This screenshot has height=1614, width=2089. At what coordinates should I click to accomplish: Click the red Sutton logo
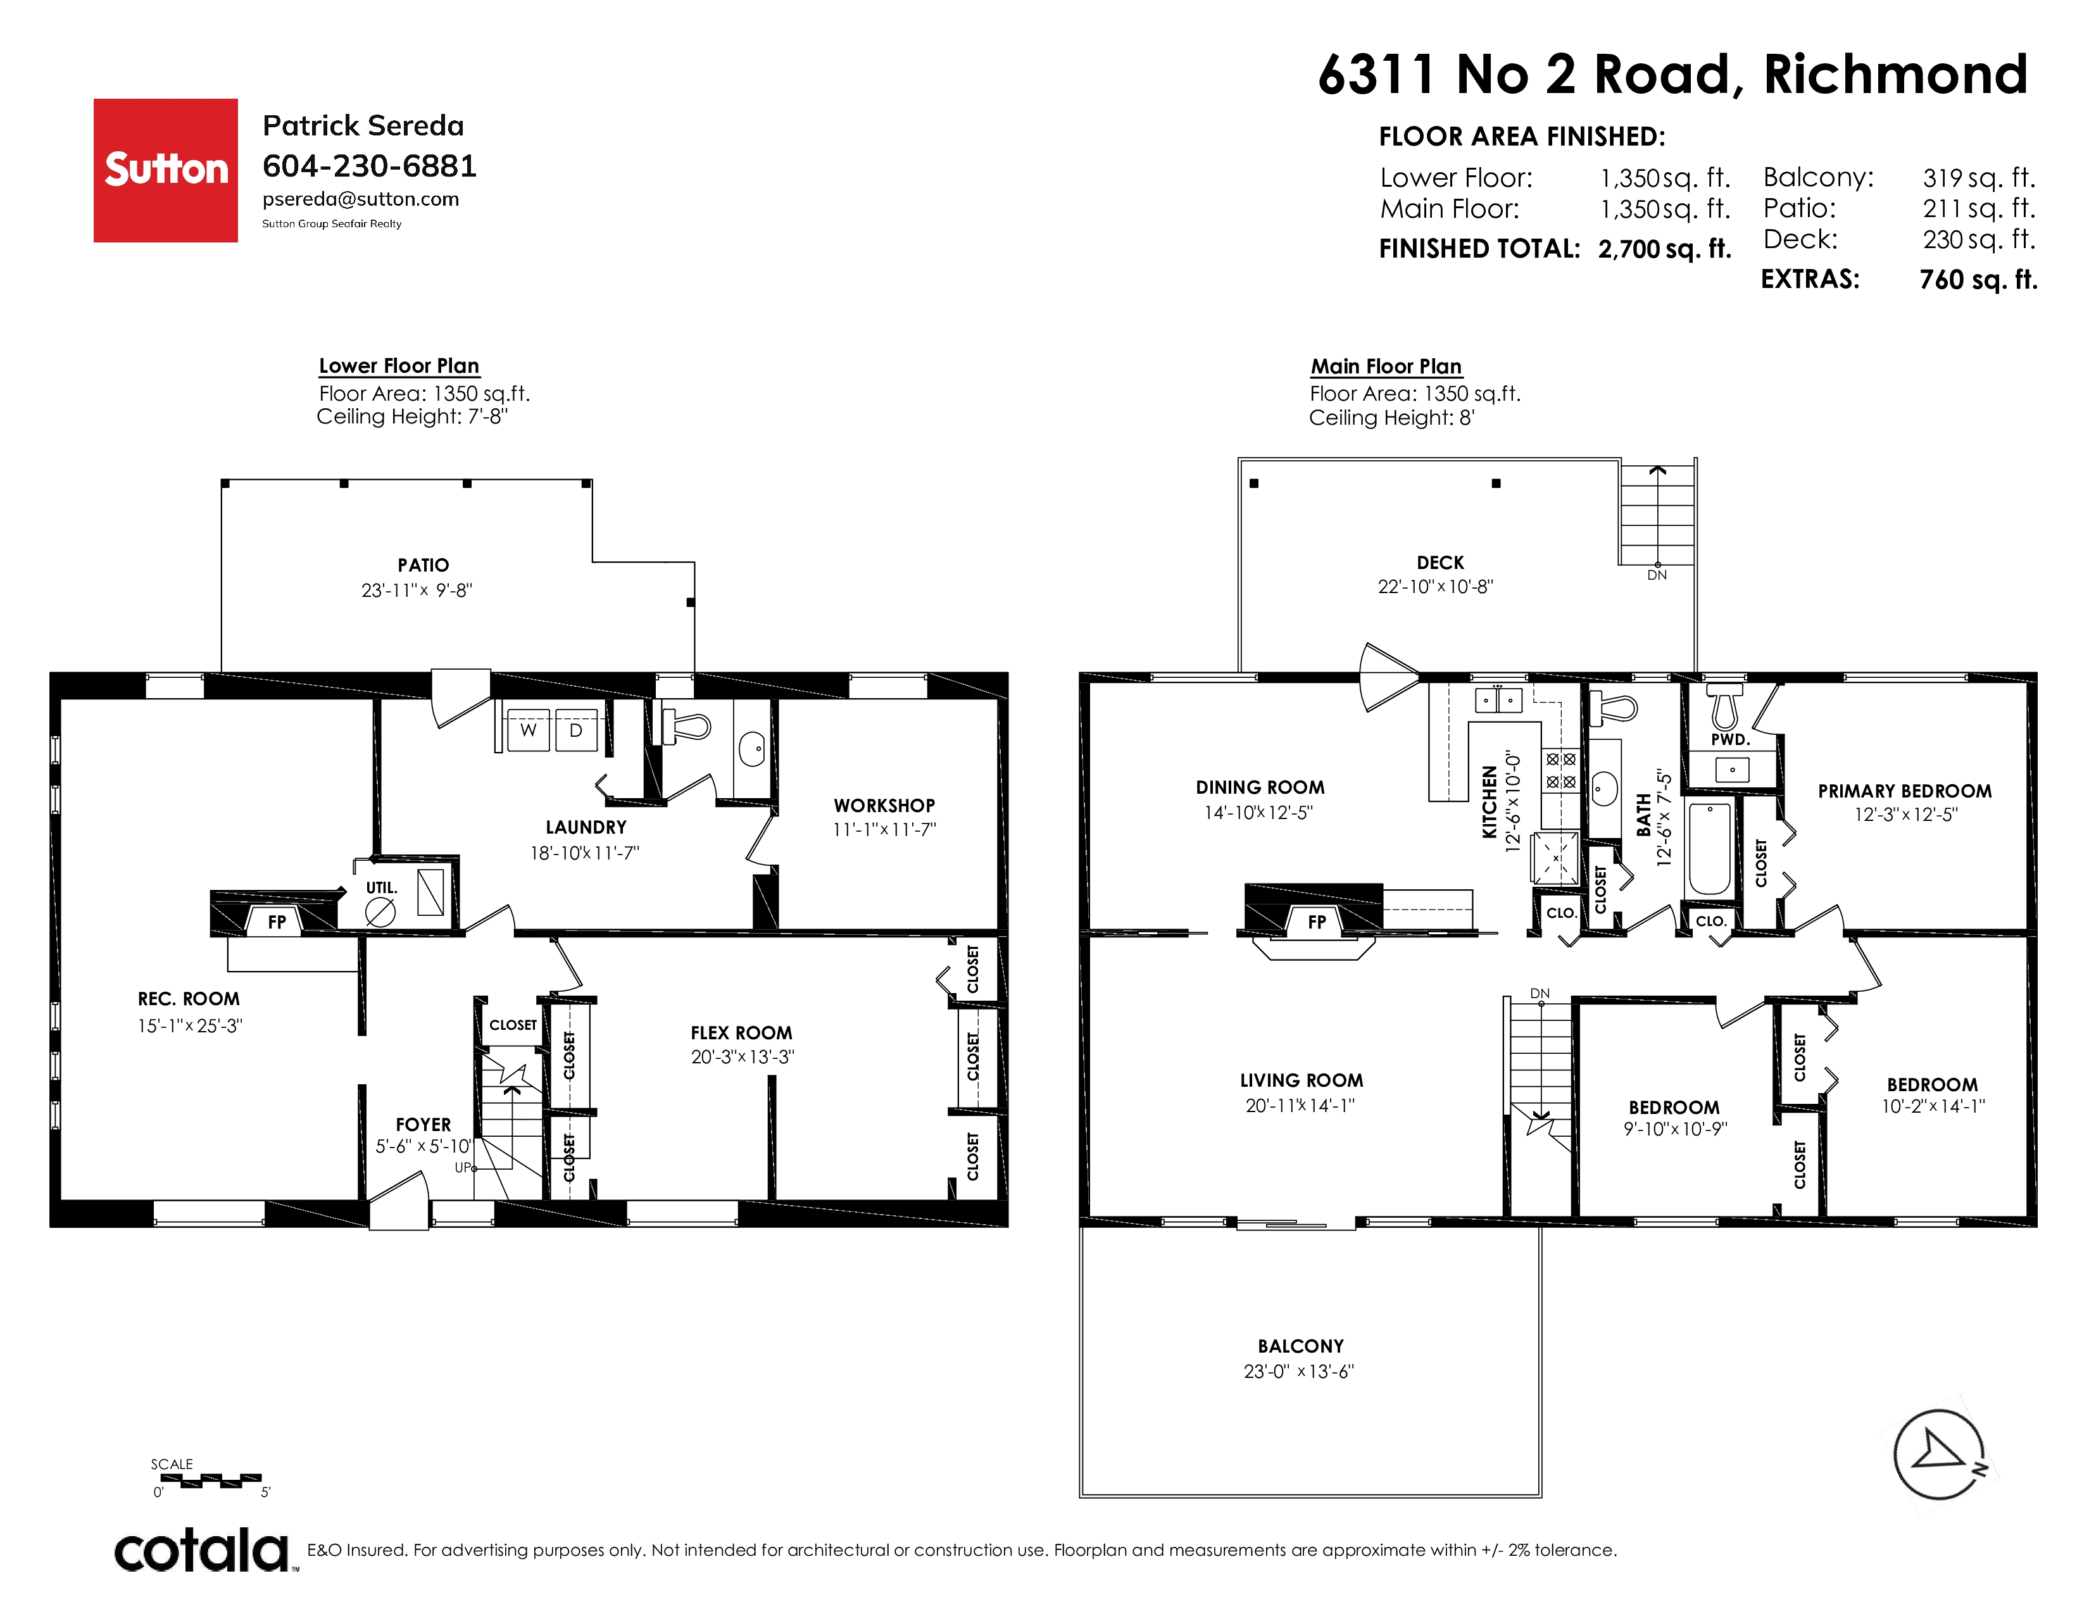pyautogui.click(x=165, y=170)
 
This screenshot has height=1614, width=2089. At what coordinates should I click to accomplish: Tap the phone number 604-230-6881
pyautogui.click(x=369, y=166)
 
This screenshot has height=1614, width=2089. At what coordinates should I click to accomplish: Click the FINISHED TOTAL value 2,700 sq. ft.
pyautogui.click(x=1664, y=249)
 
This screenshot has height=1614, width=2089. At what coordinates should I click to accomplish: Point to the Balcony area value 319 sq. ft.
pyautogui.click(x=1979, y=178)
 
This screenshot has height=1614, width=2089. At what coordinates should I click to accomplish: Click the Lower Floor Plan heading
pyautogui.click(x=399, y=366)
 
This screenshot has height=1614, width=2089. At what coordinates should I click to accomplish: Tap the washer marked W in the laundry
pyautogui.click(x=528, y=730)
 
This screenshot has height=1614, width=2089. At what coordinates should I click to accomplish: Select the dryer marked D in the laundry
pyautogui.click(x=576, y=730)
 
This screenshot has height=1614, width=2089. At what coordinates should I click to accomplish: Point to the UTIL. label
pyautogui.click(x=382, y=888)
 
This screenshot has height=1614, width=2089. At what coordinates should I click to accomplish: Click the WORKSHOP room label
pyautogui.click(x=884, y=806)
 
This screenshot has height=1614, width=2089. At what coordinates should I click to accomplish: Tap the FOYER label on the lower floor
pyautogui.click(x=423, y=1125)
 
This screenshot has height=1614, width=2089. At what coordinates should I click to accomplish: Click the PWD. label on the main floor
pyautogui.click(x=1730, y=740)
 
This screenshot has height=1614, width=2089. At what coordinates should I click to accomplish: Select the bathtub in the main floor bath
pyautogui.click(x=1709, y=849)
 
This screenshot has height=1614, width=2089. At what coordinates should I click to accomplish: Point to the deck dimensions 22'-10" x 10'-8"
pyautogui.click(x=1434, y=587)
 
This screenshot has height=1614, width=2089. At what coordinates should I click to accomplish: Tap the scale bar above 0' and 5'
pyautogui.click(x=210, y=1481)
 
